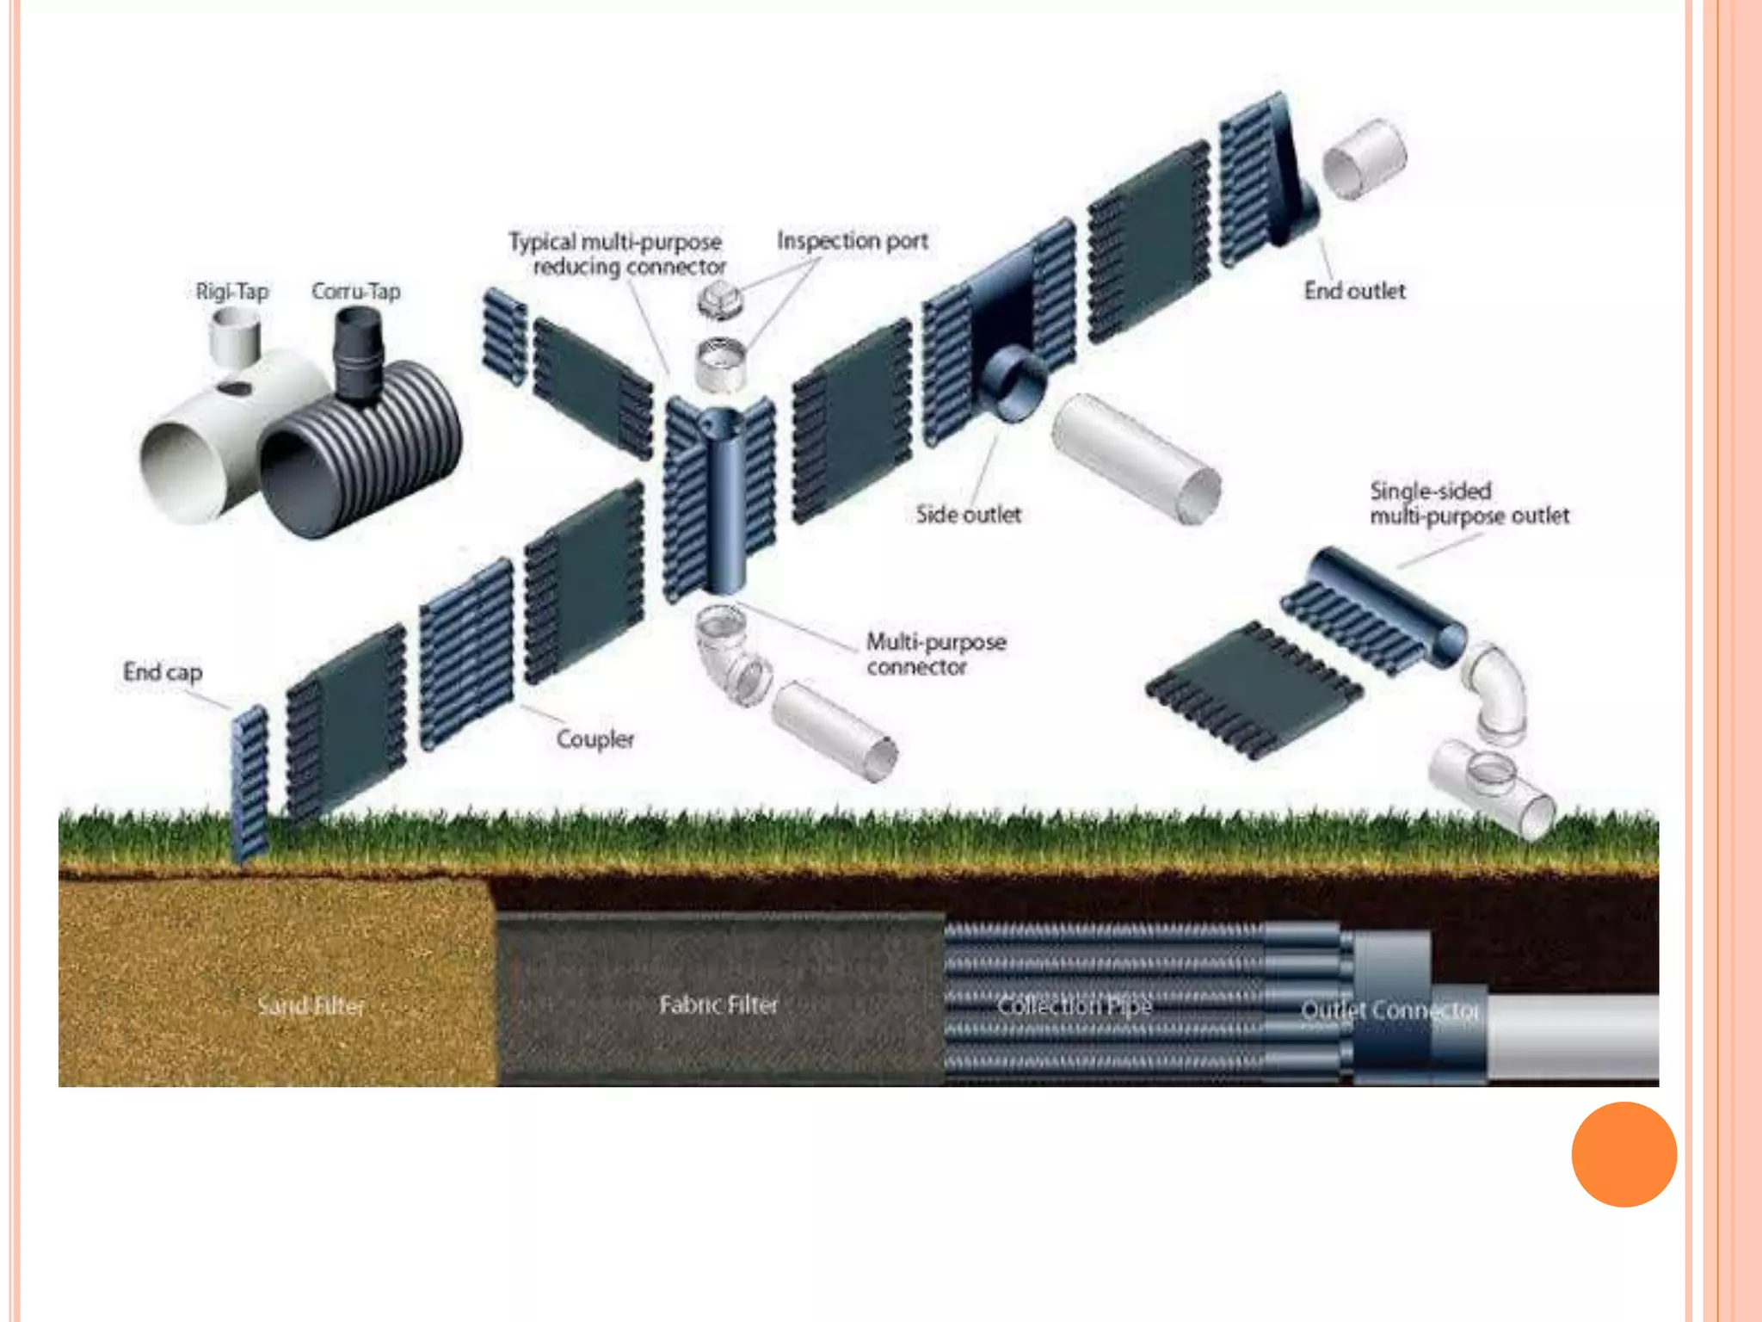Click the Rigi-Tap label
[x=232, y=292]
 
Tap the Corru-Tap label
[x=355, y=292]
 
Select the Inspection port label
[x=852, y=241]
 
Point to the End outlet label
[x=1354, y=291]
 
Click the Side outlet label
[x=968, y=515]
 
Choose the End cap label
[x=163, y=671]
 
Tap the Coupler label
[x=595, y=738]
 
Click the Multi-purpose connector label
[x=935, y=654]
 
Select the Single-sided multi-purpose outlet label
[x=1469, y=503]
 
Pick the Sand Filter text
[x=311, y=1005]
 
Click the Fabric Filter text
[x=718, y=1004]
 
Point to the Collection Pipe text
[x=1074, y=1005]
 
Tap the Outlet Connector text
[x=1389, y=1010]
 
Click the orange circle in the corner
[x=1623, y=1154]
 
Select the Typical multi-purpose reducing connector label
[x=617, y=254]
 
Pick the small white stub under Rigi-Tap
[x=234, y=336]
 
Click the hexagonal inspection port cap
[x=719, y=300]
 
